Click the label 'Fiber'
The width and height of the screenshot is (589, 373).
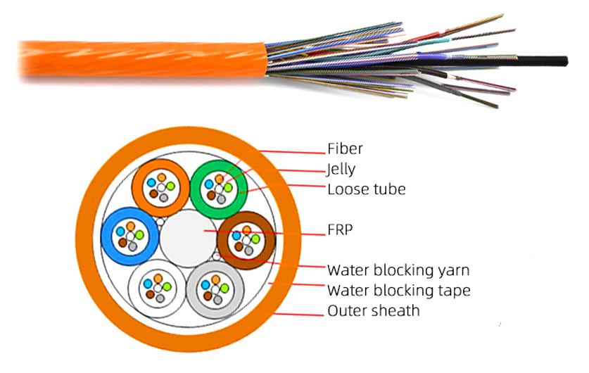(345, 148)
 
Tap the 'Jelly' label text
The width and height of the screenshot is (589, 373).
(341, 170)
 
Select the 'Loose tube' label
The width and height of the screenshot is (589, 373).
(366, 189)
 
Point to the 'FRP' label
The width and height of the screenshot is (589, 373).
(340, 230)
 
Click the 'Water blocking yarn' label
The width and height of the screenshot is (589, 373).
(398, 270)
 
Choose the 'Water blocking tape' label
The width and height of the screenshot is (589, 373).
(398, 291)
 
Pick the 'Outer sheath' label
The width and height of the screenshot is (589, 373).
(374, 310)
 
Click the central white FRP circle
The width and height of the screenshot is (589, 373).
(188, 239)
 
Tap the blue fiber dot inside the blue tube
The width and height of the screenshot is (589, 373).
(120, 232)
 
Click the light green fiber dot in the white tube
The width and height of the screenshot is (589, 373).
(167, 287)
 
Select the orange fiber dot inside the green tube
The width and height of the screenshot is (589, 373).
(220, 179)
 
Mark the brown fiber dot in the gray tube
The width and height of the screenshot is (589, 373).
(208, 296)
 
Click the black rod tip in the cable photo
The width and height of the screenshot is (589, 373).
(566, 61)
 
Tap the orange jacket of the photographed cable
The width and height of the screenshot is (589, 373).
(143, 59)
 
